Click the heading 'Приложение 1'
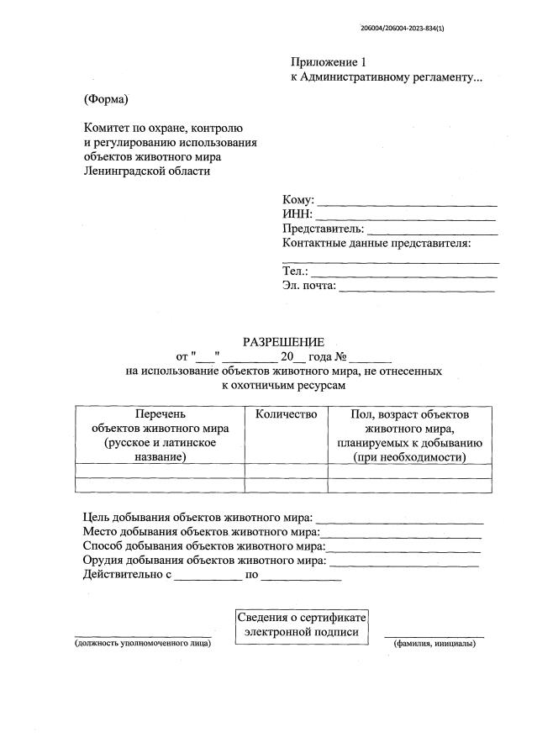(329, 62)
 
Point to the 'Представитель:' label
(324, 229)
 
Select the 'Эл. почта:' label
(309, 286)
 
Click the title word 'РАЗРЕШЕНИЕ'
(283, 342)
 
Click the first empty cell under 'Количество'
(286, 471)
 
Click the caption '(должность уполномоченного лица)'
(142, 644)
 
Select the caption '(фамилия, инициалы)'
(434, 644)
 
